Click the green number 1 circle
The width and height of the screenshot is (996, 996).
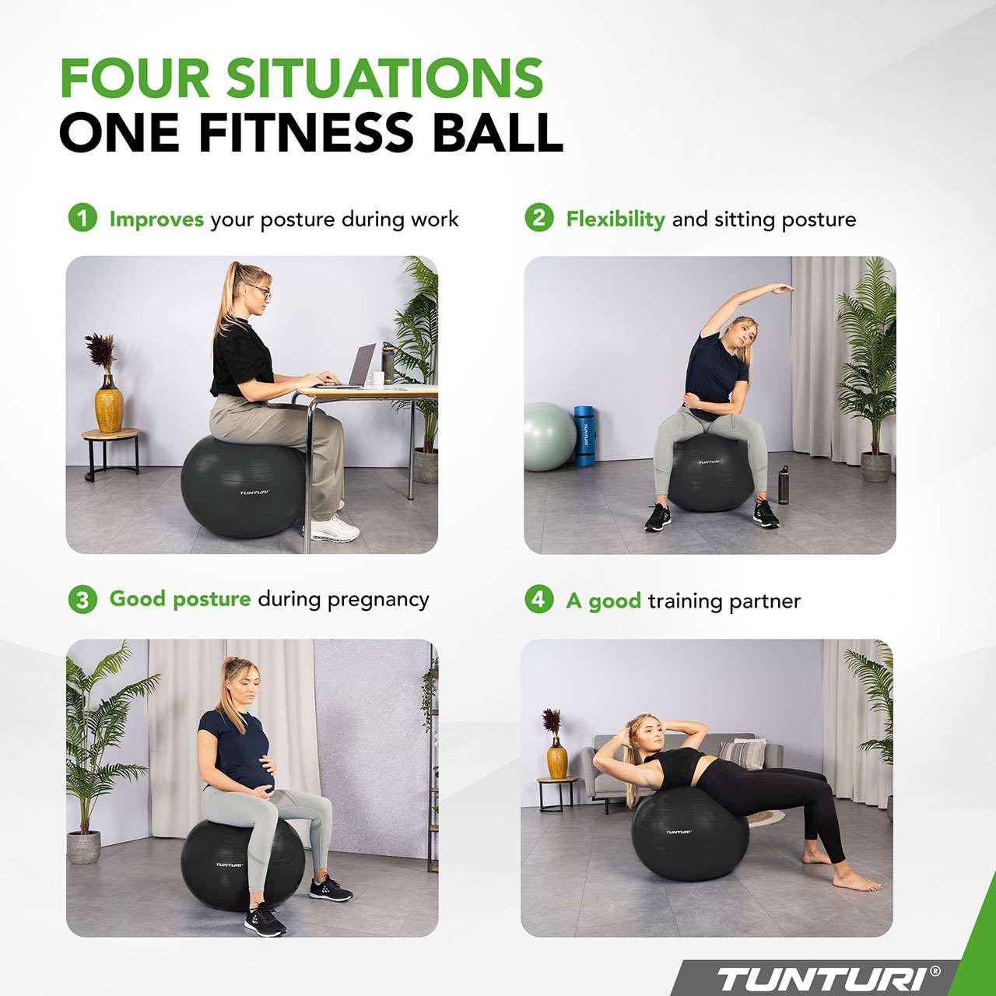tap(82, 218)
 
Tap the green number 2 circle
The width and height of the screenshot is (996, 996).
tap(538, 218)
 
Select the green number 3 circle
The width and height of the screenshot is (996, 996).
tap(82, 599)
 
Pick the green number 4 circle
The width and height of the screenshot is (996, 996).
tap(538, 599)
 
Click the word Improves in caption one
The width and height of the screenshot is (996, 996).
tap(156, 219)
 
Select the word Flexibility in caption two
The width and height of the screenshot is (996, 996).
tap(615, 219)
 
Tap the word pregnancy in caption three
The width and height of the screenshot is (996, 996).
tap(378, 600)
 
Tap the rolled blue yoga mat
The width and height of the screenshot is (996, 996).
tap(584, 436)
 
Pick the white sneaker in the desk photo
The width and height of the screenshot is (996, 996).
tap(335, 529)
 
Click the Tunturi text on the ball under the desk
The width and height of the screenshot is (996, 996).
tap(254, 493)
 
